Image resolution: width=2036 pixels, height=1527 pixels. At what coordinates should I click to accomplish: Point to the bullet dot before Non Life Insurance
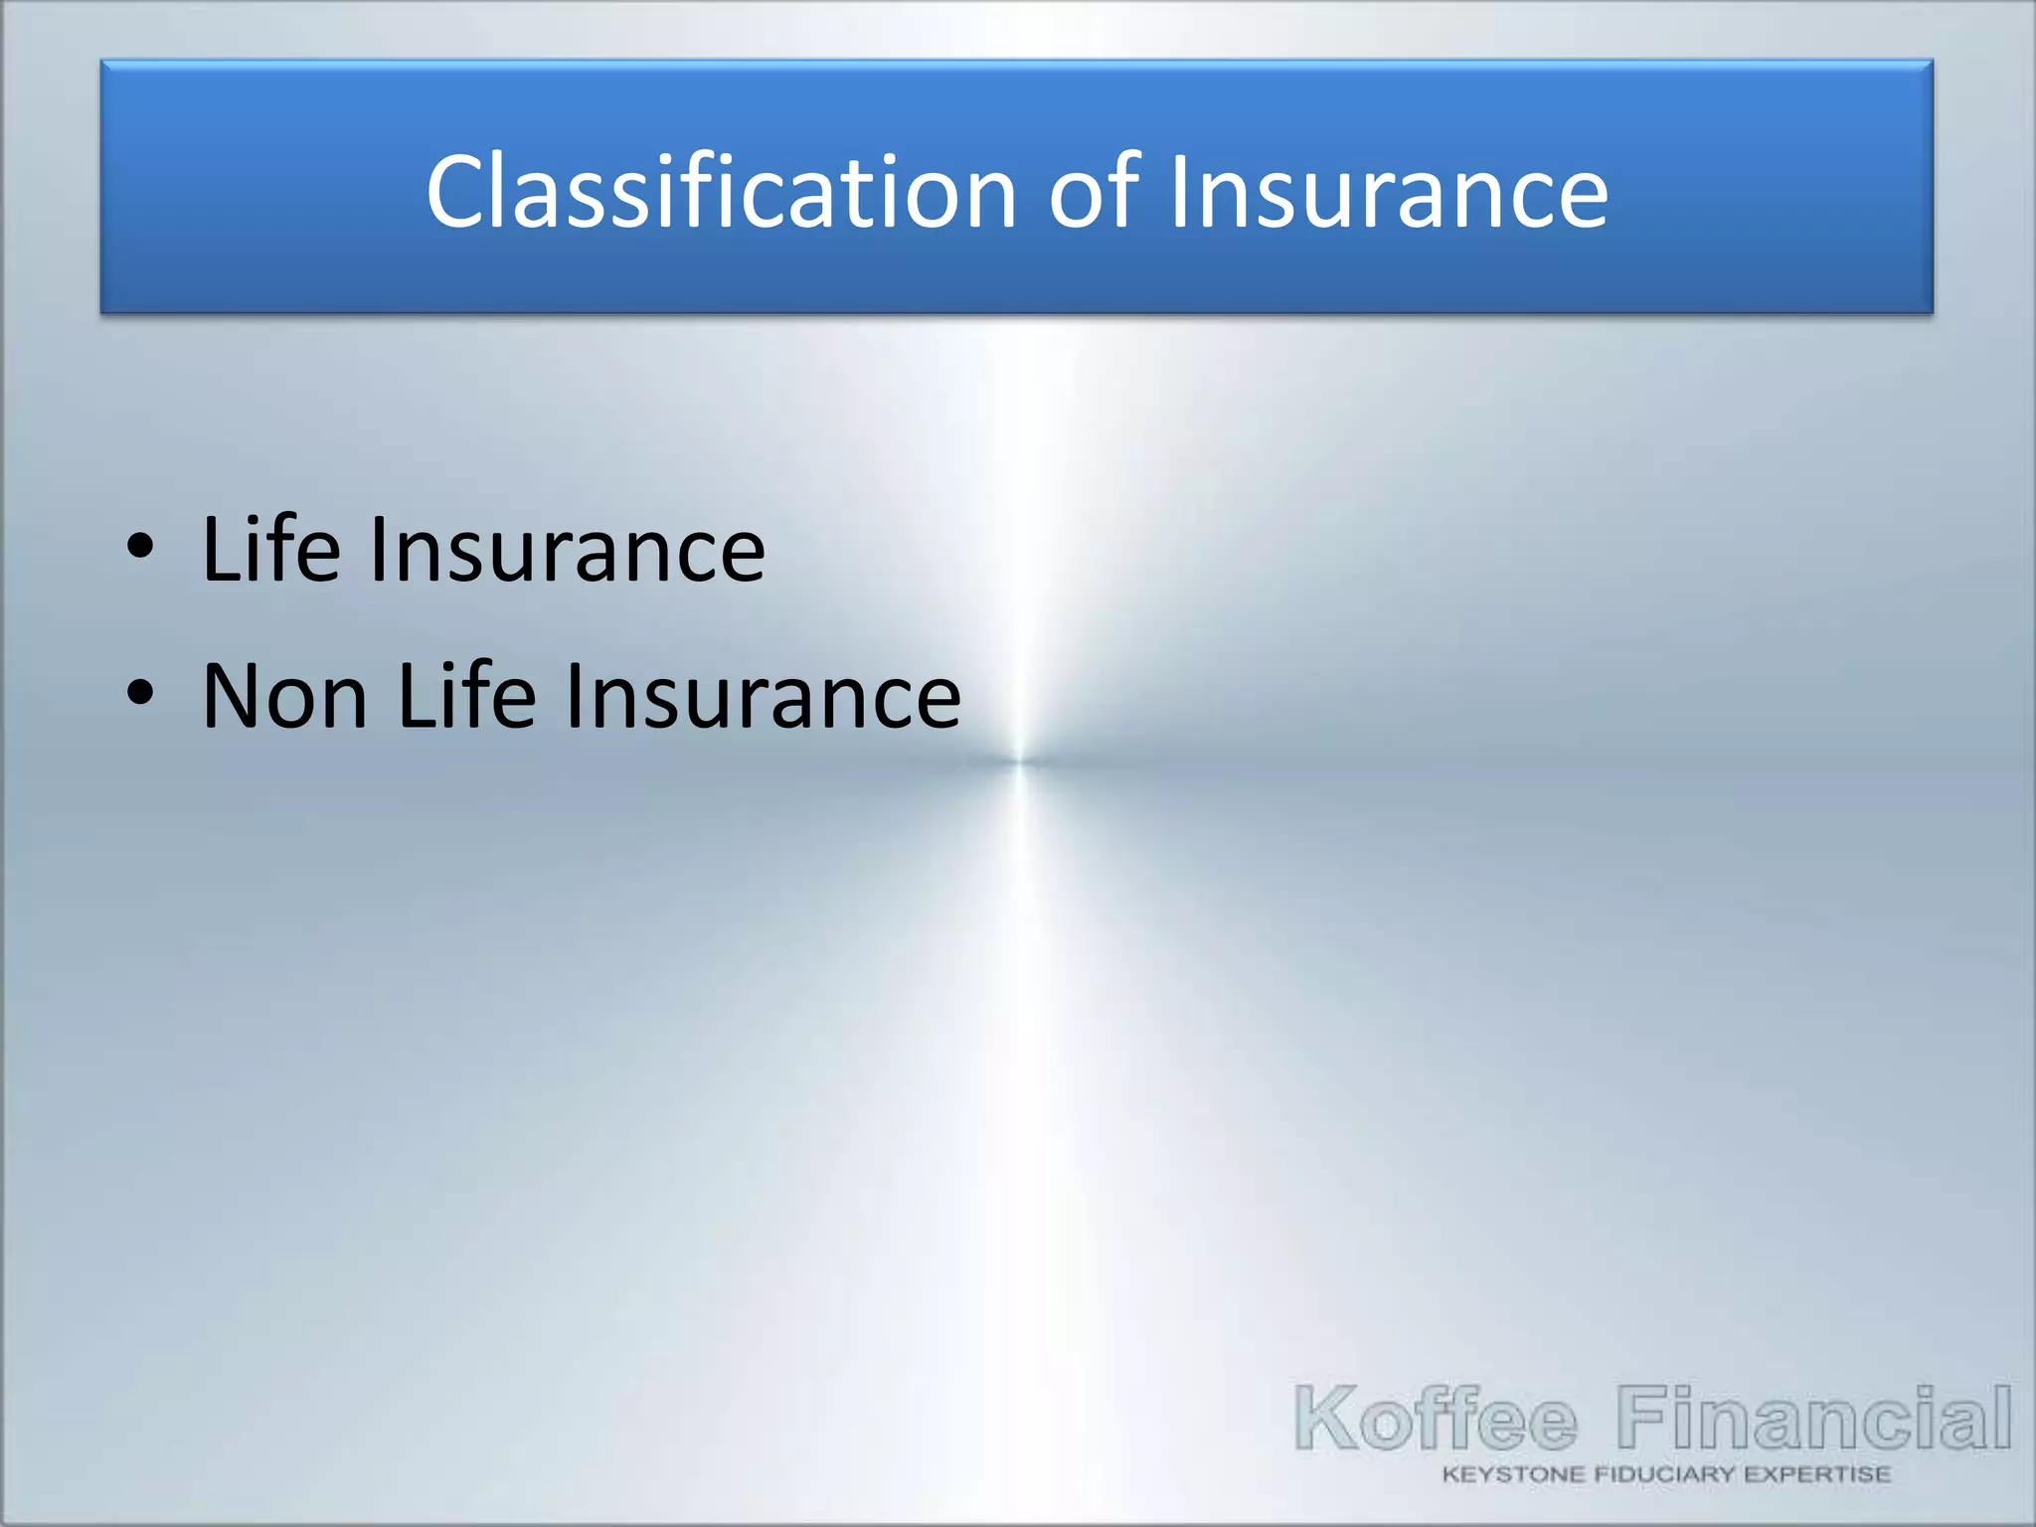pyautogui.click(x=141, y=693)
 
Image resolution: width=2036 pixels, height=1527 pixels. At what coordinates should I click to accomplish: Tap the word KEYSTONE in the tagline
pyautogui.click(x=1512, y=1474)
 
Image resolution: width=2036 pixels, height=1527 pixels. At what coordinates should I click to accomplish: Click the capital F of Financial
pyautogui.click(x=1642, y=1417)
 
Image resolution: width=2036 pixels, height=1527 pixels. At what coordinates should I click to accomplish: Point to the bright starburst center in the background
pyautogui.click(x=1020, y=762)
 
